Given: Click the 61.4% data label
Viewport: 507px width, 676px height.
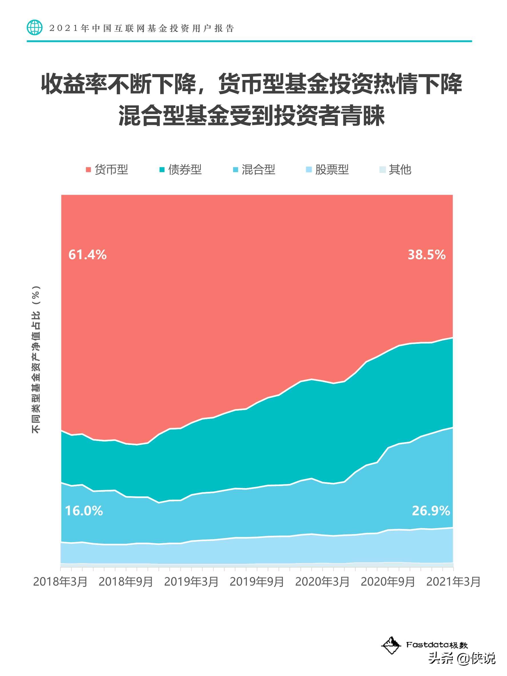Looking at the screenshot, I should [x=87, y=255].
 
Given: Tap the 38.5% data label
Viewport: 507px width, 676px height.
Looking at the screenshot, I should [x=427, y=255].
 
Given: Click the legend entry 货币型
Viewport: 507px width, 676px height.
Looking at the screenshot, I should [x=107, y=169].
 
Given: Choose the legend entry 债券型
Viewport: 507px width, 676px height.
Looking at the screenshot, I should [x=181, y=169].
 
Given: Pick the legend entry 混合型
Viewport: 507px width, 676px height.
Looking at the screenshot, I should [x=254, y=169].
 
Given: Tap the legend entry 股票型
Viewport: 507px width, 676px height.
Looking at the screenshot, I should [x=328, y=169].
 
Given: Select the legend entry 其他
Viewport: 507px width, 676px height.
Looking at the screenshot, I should [x=396, y=169].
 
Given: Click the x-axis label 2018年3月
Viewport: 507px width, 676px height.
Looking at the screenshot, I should [x=60, y=582].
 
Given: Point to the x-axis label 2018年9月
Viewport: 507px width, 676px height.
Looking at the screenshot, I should [x=126, y=582].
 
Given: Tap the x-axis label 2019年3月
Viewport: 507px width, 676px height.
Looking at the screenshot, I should [x=191, y=582].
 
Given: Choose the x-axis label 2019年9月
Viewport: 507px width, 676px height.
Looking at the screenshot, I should [x=257, y=582].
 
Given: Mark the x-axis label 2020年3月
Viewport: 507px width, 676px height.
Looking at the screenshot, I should [x=322, y=582].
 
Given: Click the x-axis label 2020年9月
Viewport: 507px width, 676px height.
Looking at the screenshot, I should [x=388, y=582].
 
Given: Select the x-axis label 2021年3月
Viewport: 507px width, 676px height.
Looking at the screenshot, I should [x=453, y=582].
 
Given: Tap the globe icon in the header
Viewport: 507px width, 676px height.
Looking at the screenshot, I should [x=35, y=28].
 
